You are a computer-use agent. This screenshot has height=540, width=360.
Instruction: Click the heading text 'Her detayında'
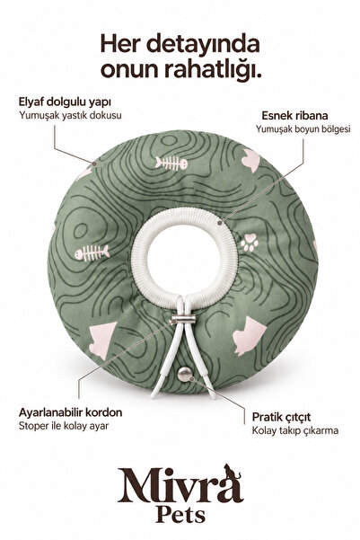(180, 45)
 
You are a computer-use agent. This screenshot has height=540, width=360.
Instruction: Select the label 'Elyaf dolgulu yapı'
(65, 102)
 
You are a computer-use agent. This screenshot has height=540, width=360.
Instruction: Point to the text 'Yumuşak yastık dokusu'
(70, 115)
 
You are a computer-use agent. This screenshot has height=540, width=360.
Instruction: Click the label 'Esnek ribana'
(294, 115)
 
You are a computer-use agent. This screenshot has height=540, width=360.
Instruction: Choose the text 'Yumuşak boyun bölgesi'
(303, 129)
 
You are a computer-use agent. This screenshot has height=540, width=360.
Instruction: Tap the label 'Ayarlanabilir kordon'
(71, 412)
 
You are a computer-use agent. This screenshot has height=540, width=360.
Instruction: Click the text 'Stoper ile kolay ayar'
(64, 426)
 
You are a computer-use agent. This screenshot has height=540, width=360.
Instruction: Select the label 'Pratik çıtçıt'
(281, 417)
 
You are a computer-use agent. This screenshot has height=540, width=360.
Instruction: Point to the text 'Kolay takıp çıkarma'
(295, 430)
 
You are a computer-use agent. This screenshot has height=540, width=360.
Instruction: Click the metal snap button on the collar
(185, 374)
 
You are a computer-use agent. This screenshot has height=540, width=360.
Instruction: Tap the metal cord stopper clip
(184, 319)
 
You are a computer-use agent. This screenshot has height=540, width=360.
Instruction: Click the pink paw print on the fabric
(250, 243)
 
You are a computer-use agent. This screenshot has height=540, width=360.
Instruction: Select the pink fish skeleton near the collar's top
(171, 164)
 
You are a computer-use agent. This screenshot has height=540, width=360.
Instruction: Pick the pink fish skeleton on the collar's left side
(92, 252)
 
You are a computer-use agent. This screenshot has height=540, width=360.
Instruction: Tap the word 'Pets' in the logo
(180, 514)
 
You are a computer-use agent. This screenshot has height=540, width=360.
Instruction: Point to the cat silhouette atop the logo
(232, 471)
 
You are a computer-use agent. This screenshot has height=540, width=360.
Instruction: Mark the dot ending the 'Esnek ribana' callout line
(220, 223)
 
